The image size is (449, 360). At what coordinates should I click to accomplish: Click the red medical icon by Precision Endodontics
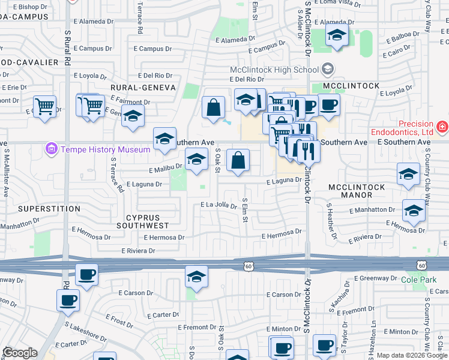(442, 127)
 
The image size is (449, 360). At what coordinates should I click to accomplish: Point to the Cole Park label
(418, 280)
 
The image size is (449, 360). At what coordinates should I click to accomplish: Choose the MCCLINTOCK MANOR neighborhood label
(357, 191)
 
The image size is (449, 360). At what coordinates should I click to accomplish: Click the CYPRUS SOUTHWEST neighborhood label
(148, 221)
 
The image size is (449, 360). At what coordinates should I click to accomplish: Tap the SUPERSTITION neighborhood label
(49, 208)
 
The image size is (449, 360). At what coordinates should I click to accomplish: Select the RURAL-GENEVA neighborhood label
(142, 87)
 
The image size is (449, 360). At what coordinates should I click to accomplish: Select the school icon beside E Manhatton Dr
(413, 211)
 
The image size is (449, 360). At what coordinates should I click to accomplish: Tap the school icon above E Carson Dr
(196, 277)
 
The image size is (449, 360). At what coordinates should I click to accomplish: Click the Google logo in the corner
(20, 353)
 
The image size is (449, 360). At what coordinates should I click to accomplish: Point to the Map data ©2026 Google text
(412, 355)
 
